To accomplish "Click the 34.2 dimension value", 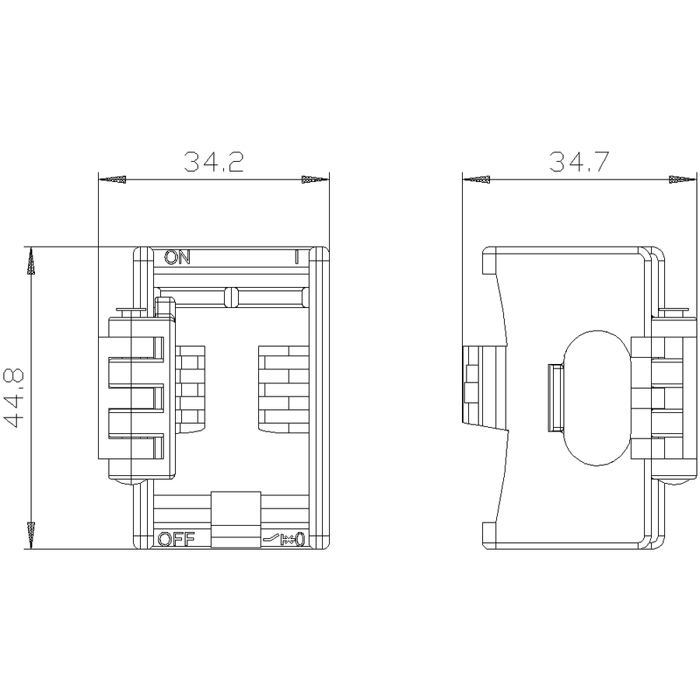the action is point(214,162).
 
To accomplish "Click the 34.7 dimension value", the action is point(579,162).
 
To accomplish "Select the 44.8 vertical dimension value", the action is point(14,398).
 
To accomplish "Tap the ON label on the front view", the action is point(177,257).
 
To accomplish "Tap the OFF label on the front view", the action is point(177,539).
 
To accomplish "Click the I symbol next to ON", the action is point(296,257).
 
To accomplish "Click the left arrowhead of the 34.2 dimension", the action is point(112,180).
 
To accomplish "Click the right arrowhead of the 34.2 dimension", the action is point(315,180).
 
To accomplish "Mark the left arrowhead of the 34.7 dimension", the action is point(476,180).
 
